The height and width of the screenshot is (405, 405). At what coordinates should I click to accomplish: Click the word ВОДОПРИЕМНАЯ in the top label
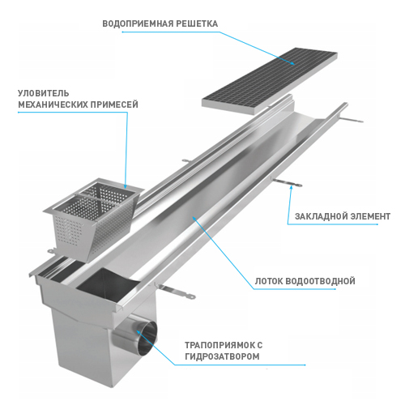(138, 23)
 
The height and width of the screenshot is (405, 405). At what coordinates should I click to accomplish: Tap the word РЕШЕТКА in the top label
(197, 23)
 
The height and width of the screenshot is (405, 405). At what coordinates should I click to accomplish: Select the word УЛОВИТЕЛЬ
(44, 93)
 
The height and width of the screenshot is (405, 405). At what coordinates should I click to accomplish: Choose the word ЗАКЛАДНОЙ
(321, 216)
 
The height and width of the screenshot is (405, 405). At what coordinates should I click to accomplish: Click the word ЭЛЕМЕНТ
(370, 216)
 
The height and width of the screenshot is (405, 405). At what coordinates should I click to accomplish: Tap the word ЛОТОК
(269, 281)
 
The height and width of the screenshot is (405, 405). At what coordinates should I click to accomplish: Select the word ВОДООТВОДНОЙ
(320, 281)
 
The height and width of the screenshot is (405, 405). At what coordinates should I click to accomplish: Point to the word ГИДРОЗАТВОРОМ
(222, 356)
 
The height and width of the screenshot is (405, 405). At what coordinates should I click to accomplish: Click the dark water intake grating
(270, 81)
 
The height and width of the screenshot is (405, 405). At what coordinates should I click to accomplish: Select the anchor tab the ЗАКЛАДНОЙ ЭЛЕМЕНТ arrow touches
(287, 183)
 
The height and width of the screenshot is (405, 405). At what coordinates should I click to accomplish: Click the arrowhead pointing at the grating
(292, 63)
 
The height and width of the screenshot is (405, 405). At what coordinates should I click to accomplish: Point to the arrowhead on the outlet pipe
(138, 331)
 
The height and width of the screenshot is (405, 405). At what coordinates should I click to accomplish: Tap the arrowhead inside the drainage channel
(194, 218)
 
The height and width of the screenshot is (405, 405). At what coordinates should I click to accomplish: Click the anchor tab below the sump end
(175, 292)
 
